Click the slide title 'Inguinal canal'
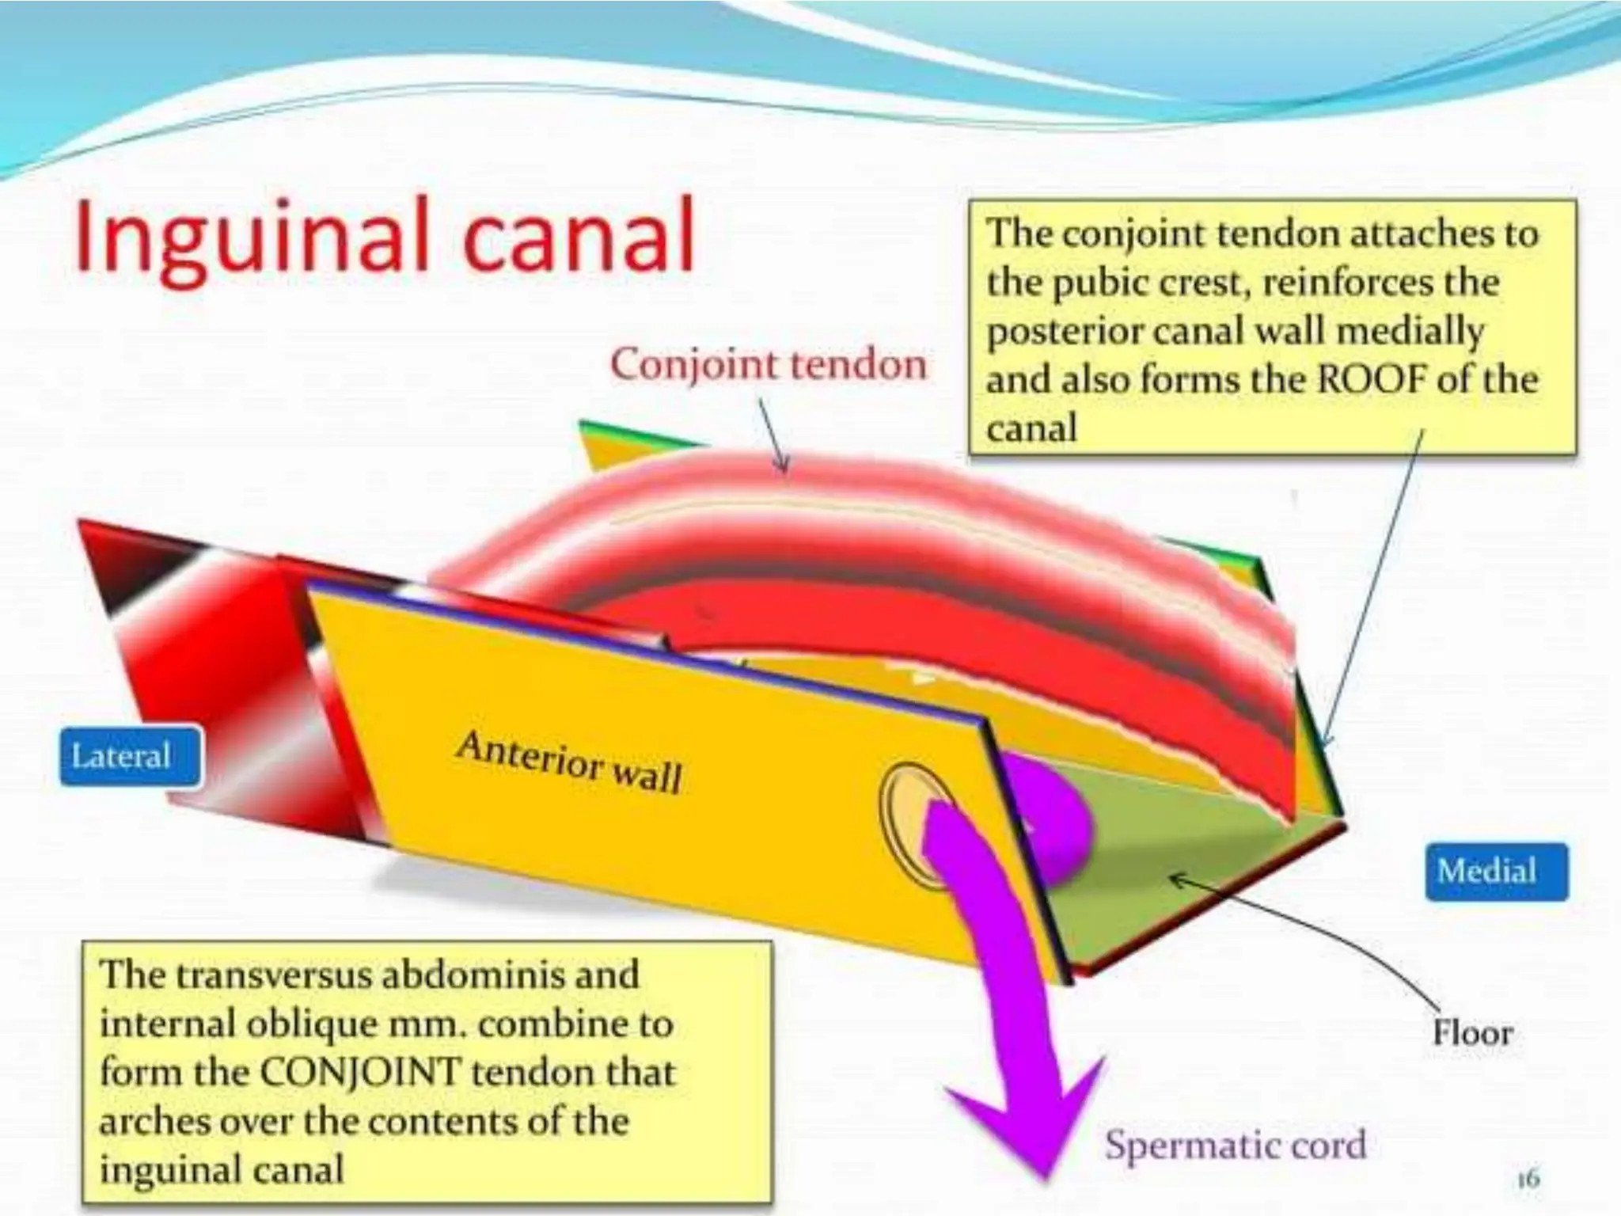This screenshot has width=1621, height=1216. (385, 236)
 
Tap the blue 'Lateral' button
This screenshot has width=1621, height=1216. (121, 756)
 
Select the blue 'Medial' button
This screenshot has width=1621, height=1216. (1487, 871)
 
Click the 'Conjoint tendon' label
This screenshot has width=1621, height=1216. (768, 365)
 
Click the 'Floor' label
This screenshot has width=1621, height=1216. (1472, 1032)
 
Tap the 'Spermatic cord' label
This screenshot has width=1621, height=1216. (1236, 1145)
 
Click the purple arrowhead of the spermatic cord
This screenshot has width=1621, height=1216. (1029, 1124)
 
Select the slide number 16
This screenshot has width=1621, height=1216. (1528, 1178)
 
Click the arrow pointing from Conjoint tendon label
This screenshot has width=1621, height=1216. (773, 435)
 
